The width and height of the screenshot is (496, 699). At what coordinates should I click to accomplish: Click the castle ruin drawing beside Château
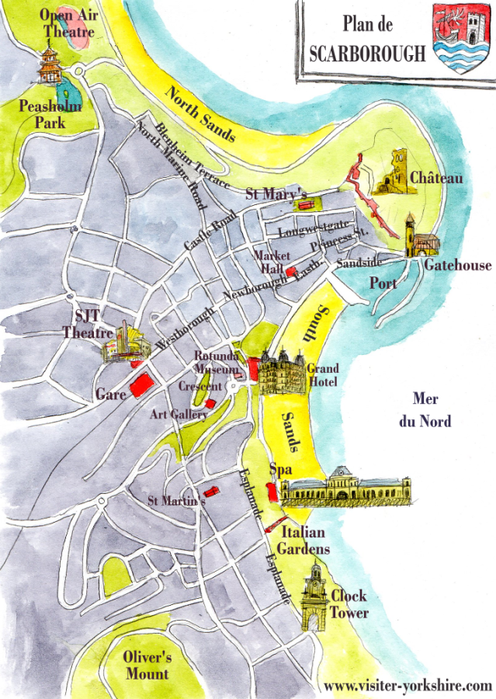click(397, 172)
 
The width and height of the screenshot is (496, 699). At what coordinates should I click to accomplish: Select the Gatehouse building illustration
click(420, 238)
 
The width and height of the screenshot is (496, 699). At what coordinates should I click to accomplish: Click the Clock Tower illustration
click(314, 597)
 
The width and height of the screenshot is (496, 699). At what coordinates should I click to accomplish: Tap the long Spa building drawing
click(345, 487)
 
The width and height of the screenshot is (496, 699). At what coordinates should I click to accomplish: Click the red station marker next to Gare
click(140, 385)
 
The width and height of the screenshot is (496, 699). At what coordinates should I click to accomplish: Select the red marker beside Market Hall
click(291, 272)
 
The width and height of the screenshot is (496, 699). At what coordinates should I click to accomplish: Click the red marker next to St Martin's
click(208, 491)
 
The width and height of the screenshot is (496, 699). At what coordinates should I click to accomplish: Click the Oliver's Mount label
click(147, 665)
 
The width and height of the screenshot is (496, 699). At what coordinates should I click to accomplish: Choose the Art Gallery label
click(179, 415)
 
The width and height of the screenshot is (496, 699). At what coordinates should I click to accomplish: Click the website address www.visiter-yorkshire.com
click(408, 686)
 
